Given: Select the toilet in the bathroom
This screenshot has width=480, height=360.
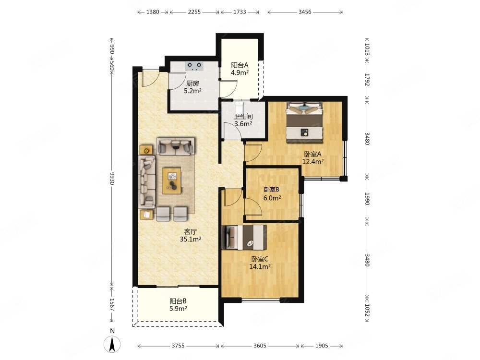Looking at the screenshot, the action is click(x=239, y=108).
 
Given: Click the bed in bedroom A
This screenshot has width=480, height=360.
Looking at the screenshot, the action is click(x=305, y=122).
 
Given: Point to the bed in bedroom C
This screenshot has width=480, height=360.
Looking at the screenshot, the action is click(x=244, y=238).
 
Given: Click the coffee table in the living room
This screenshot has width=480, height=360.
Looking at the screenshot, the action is click(x=172, y=180).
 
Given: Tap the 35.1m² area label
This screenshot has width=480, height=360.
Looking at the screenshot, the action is click(x=191, y=240).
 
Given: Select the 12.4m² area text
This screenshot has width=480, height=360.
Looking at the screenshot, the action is click(x=313, y=162).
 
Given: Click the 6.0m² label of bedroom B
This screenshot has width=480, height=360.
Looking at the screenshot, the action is click(x=272, y=198).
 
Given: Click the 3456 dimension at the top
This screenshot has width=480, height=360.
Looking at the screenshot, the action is click(x=305, y=12).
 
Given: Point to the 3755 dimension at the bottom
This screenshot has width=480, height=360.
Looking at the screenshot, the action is click(x=178, y=346).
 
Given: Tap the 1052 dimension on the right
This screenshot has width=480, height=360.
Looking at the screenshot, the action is click(x=367, y=311).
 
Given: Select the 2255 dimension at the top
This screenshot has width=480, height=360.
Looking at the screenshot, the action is click(x=194, y=12).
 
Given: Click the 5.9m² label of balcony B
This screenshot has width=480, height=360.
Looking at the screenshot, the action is click(x=179, y=309).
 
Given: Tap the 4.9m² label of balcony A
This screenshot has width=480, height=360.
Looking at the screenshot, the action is click(x=240, y=73).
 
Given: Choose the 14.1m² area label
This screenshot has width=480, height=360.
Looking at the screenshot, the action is click(x=260, y=266).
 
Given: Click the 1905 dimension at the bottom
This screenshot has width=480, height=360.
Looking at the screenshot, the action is click(x=322, y=346).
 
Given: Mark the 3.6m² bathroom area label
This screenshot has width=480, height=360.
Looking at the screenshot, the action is click(x=243, y=124).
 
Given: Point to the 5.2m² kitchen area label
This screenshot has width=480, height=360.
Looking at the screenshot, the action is click(x=192, y=91).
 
